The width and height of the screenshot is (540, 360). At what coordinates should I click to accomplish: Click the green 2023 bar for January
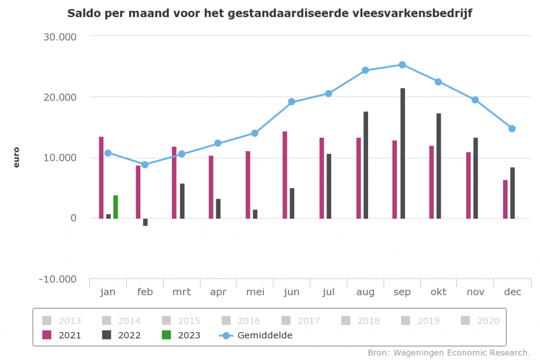click(x=115, y=207)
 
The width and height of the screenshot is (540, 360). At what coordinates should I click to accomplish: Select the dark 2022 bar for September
click(x=403, y=153)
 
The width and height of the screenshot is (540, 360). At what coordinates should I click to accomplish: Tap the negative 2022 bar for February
click(x=146, y=222)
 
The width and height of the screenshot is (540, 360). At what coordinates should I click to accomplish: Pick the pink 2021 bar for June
click(x=285, y=174)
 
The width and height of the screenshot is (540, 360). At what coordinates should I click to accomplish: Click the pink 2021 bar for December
click(x=505, y=199)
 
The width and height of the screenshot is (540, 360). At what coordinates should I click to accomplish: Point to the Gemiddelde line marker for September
click(x=402, y=65)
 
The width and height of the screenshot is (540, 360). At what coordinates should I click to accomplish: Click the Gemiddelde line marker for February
click(x=145, y=164)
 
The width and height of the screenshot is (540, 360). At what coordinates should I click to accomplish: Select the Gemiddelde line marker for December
click(x=512, y=129)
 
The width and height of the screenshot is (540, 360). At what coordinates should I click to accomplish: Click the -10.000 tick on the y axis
click(x=58, y=279)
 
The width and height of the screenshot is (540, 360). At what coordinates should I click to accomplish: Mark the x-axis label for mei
click(x=255, y=292)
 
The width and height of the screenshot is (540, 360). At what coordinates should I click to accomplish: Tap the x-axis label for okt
click(x=439, y=292)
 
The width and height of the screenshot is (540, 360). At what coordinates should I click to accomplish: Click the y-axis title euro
click(x=16, y=158)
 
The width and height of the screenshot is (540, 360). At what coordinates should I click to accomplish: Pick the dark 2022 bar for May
click(x=255, y=213)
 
